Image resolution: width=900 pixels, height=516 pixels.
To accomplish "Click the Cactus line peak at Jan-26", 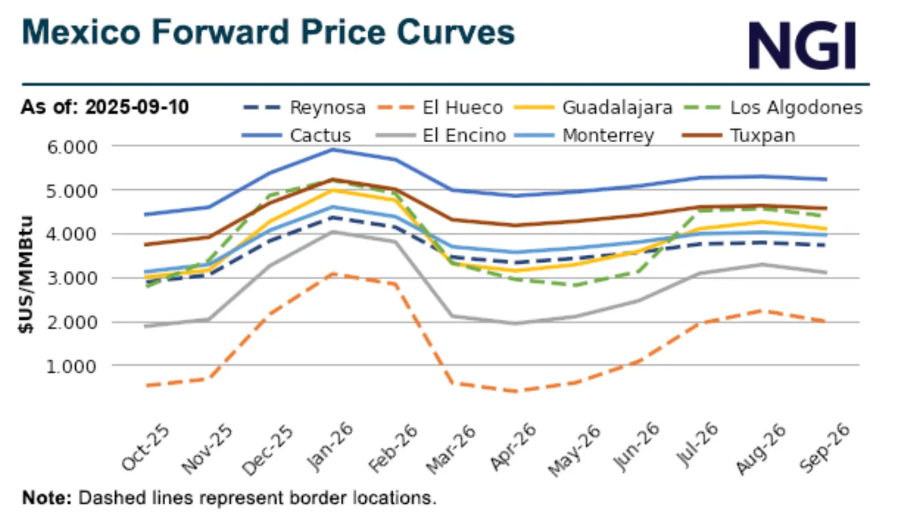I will [x=332, y=150].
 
